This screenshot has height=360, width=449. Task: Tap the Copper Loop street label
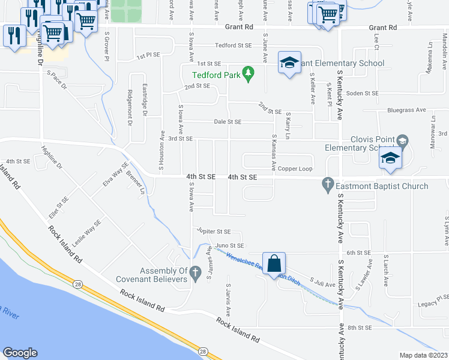point(295,169)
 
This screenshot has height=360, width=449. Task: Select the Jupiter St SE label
point(213,231)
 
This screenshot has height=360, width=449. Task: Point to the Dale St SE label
point(228,122)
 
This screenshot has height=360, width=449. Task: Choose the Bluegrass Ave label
point(406,110)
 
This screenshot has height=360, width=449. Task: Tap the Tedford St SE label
point(233,45)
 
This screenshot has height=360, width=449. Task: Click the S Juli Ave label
point(322,283)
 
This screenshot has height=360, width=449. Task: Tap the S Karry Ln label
point(288,125)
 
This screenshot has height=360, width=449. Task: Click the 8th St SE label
point(361,327)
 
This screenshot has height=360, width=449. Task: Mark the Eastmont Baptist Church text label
point(382,186)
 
